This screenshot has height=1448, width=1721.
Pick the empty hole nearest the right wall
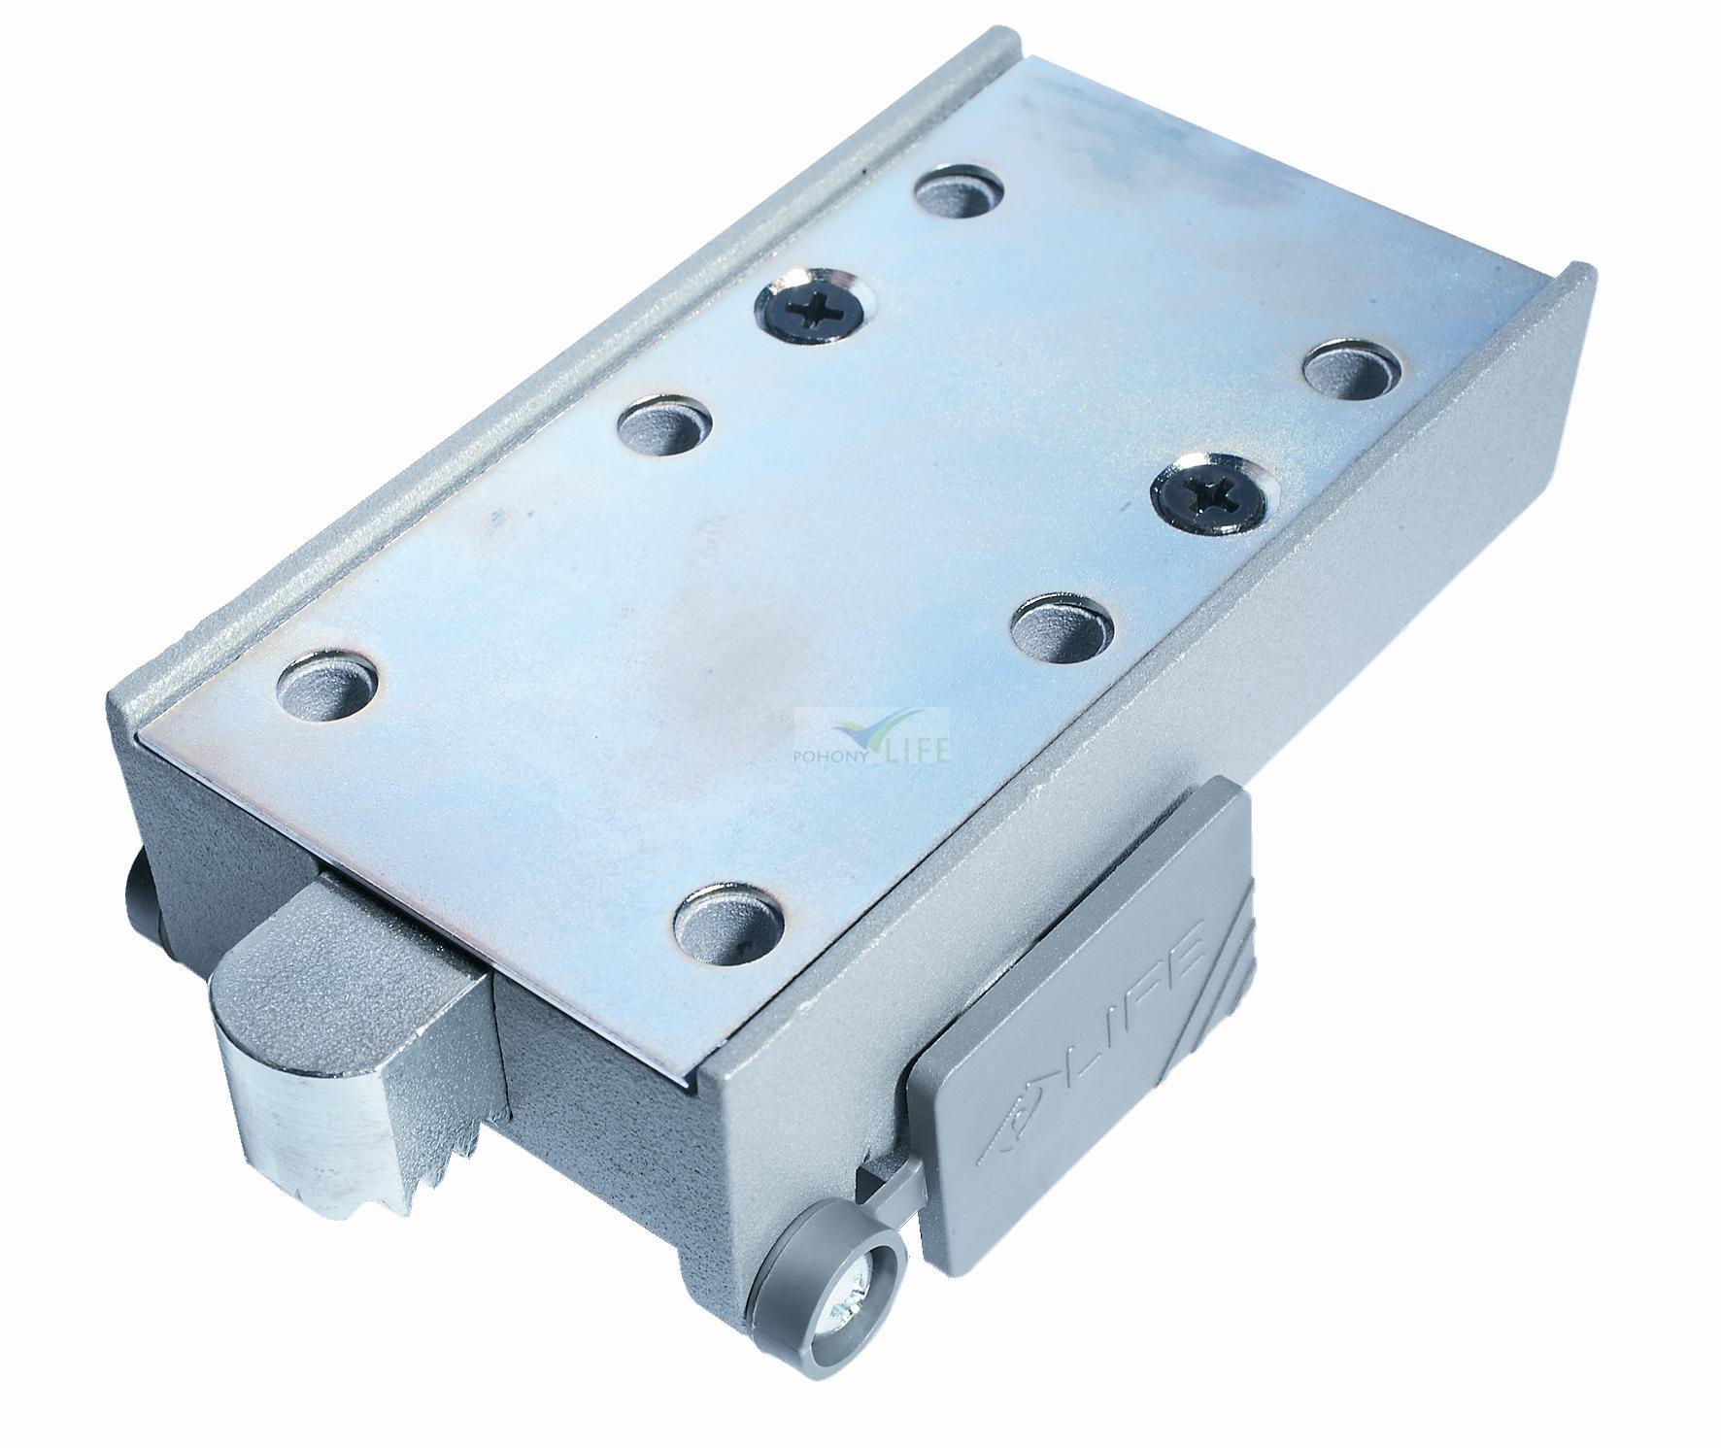point(1352,369)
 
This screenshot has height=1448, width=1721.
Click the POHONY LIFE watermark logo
point(873,742)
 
